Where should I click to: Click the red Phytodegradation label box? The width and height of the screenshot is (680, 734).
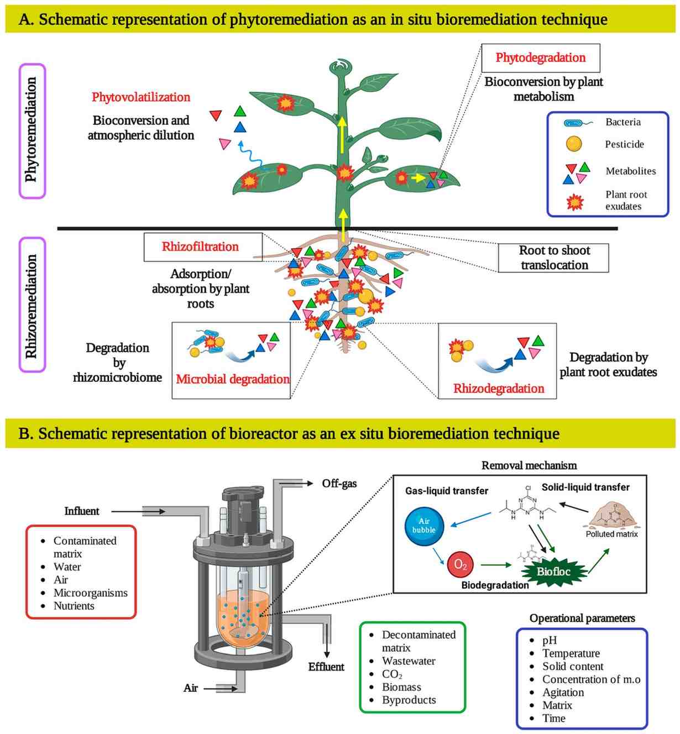click(540, 58)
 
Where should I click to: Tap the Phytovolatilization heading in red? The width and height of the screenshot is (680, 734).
click(141, 97)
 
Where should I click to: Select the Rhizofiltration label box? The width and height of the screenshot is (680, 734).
click(200, 247)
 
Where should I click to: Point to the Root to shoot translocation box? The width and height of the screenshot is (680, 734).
click(554, 258)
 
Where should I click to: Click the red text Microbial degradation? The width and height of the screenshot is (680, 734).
click(233, 379)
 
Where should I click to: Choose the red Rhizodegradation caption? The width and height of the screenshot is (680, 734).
click(499, 389)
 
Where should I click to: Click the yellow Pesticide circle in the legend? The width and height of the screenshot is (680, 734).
click(574, 144)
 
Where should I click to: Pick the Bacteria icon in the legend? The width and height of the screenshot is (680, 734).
click(576, 123)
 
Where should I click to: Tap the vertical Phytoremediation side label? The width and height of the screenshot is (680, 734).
click(32, 130)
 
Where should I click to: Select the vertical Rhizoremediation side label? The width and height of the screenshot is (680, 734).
click(32, 305)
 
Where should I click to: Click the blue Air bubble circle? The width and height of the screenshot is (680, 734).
click(424, 526)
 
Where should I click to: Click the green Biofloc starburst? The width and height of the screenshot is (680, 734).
click(553, 572)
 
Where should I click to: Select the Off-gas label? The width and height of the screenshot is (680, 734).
click(339, 484)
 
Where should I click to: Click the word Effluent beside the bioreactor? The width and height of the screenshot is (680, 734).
click(326, 667)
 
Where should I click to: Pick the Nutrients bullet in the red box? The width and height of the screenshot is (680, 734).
click(74, 606)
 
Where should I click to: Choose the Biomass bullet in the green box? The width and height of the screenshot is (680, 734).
click(401, 687)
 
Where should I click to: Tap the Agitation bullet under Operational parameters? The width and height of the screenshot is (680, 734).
click(563, 693)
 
